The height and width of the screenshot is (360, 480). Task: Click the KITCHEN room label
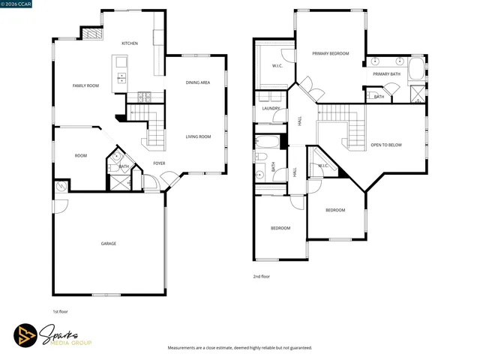click(x=130, y=43)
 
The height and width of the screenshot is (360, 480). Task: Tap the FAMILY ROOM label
click(x=85, y=85)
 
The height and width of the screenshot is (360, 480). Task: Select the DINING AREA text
click(x=198, y=82)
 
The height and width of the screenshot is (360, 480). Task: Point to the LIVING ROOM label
click(x=199, y=136)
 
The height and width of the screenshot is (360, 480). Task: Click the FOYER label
click(x=159, y=163)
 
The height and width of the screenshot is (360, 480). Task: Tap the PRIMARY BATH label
click(x=387, y=74)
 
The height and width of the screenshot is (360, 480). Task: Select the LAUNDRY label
click(x=271, y=109)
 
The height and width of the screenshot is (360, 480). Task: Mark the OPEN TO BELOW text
click(x=386, y=145)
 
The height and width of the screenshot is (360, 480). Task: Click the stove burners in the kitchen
click(x=144, y=96)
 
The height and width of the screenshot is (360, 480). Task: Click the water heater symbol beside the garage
click(x=60, y=185)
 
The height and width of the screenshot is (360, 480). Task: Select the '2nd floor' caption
click(x=262, y=276)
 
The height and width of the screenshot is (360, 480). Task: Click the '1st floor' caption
click(x=61, y=311)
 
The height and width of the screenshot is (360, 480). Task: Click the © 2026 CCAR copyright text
click(x=16, y=4)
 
